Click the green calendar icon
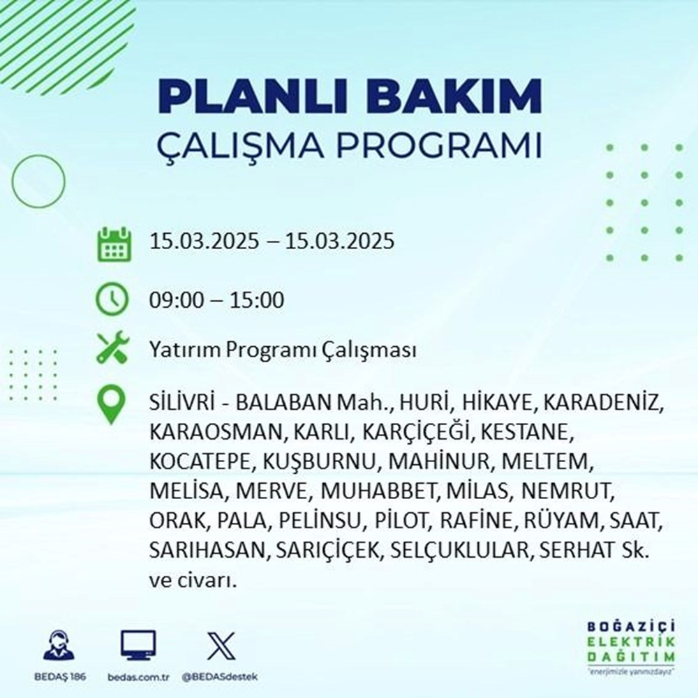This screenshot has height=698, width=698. pos(112,243)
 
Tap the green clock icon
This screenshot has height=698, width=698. pos(112,300)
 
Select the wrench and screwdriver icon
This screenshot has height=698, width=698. pos(112,348)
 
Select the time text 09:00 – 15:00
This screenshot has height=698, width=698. pos(216,301)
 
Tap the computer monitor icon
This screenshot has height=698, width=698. pos(138,646)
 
